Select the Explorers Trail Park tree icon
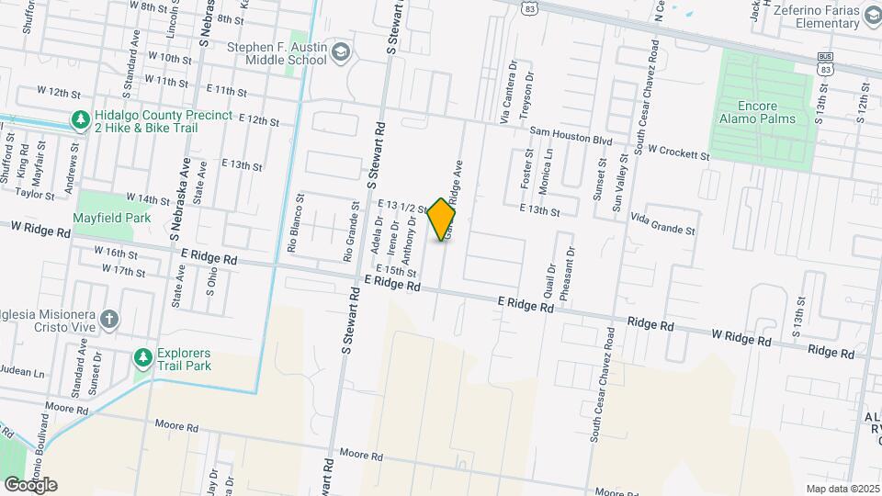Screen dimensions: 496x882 click(142, 356)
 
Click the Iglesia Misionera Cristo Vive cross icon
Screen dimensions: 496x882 click(109, 319)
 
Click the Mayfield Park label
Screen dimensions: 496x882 click(111, 220)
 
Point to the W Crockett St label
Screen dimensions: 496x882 click(679, 152)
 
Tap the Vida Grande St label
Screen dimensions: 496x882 click(663, 223)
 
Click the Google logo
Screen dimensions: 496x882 click(30, 485)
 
